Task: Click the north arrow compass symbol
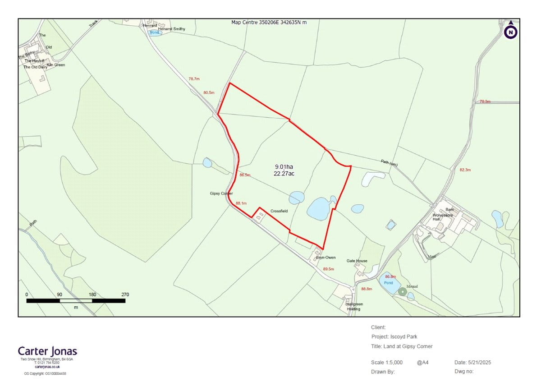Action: point(511,31)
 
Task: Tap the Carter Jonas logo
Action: point(48,351)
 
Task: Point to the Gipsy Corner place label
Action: point(221,193)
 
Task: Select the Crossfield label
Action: point(279,211)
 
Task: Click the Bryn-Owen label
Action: point(326,258)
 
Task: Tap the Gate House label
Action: point(357,261)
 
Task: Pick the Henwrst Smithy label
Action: point(171,29)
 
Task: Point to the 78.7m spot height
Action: point(194,79)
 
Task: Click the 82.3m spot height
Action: point(465,170)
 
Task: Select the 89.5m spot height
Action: point(329,269)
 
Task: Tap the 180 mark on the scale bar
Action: point(92,295)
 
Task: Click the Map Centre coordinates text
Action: point(269,22)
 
